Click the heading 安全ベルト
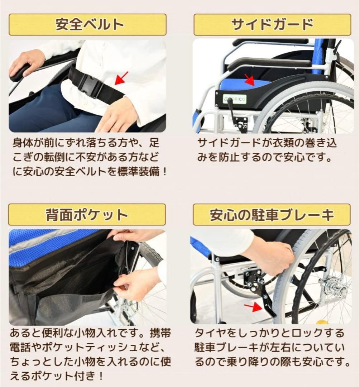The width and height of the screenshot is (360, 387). point(87,24)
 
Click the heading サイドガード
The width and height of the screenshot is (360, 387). point(272,24)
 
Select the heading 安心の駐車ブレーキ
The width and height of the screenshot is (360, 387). point(272,215)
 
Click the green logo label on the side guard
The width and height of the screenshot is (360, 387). point(234,98)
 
